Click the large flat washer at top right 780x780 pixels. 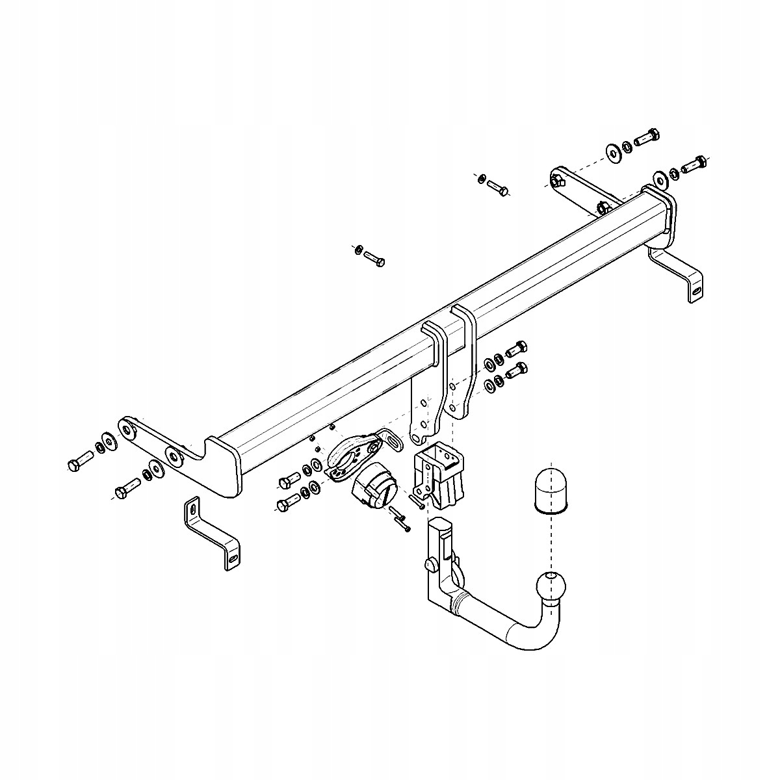click(x=612, y=151)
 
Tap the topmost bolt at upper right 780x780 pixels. click(x=646, y=137)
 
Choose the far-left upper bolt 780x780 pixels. click(x=77, y=463)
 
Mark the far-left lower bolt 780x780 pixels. click(x=126, y=487)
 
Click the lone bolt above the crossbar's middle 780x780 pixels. click(x=373, y=257)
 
